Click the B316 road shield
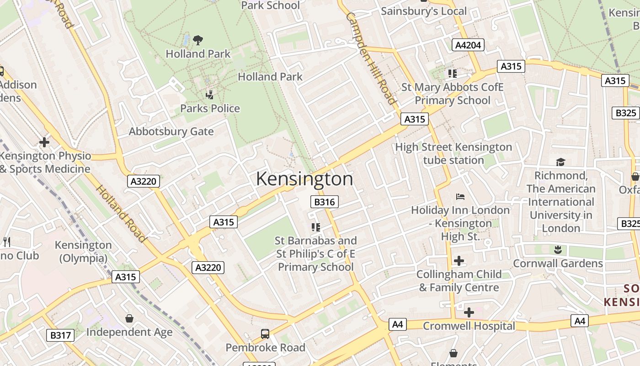pyautogui.click(x=325, y=202)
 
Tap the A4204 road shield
pyautogui.click(x=468, y=45)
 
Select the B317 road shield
pyautogui.click(x=60, y=335)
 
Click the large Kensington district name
pyautogui.click(x=304, y=179)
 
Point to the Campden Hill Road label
pyautogui.click(x=371, y=58)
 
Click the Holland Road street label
pyautogui.click(x=121, y=213)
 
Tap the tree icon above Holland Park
pyautogui.click(x=198, y=40)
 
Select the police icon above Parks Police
pyautogui.click(x=210, y=95)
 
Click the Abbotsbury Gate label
pyautogui.click(x=171, y=132)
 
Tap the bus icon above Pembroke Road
pyautogui.click(x=265, y=334)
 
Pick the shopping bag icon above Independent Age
pyautogui.click(x=129, y=318)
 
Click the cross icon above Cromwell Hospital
pyautogui.click(x=469, y=312)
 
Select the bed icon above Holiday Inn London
pyautogui.click(x=460, y=197)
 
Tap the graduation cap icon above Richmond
pyautogui.click(x=560, y=162)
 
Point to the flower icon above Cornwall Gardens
pyautogui.click(x=557, y=250)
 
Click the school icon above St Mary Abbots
pyautogui.click(x=453, y=73)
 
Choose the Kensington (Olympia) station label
pyautogui.click(x=83, y=252)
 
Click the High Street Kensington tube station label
pyautogui.click(x=453, y=154)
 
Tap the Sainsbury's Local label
pyautogui.click(x=424, y=11)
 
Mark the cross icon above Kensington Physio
pyautogui.click(x=44, y=142)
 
